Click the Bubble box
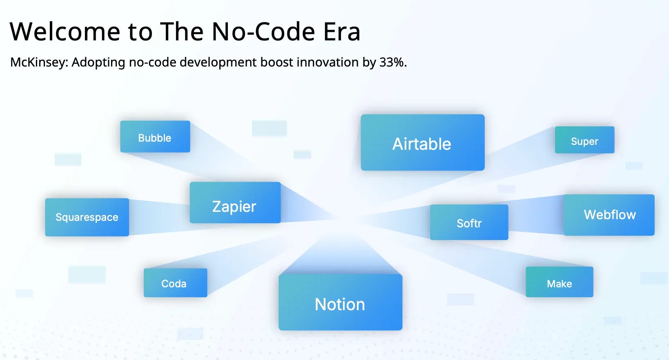click(155, 137)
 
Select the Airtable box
click(423, 142)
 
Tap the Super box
click(584, 140)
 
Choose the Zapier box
click(235, 203)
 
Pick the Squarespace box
click(87, 217)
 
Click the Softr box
click(469, 222)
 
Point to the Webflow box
click(609, 215)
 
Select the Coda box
click(175, 283)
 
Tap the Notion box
click(341, 302)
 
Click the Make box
click(560, 282)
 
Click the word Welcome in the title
click(65, 31)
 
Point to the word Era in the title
click(342, 32)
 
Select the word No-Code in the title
click(263, 31)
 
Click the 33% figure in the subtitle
click(393, 62)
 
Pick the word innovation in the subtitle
click(328, 62)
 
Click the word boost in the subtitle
click(277, 62)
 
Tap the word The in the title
click(182, 31)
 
